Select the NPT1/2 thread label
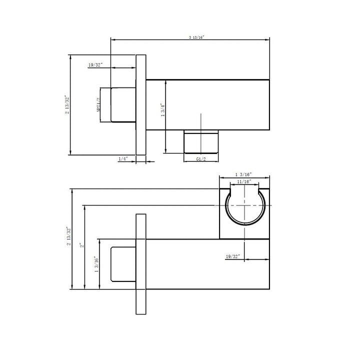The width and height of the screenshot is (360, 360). click(98, 105)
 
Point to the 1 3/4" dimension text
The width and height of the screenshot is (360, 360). click(162, 110)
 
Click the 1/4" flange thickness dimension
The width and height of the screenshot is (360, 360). click(123, 158)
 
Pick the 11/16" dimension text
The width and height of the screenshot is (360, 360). click(243, 181)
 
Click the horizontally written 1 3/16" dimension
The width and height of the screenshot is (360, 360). click(243, 174)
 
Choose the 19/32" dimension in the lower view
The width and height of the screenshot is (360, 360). click(232, 256)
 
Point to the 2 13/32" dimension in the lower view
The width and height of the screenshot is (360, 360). click(68, 239)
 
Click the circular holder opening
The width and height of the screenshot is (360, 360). click(244, 206)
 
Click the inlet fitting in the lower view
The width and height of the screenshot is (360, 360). click(123, 263)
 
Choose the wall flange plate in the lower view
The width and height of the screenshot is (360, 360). click(141, 263)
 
